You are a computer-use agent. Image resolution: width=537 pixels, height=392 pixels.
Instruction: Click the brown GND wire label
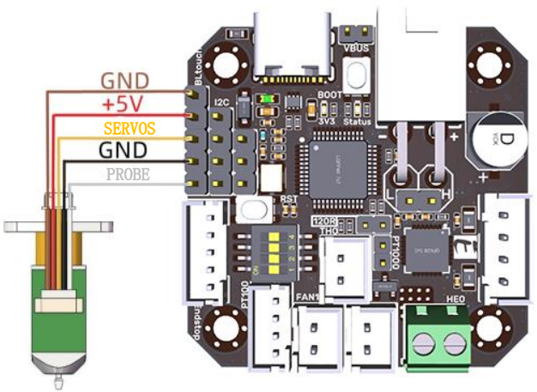pyautogui.click(x=125, y=81)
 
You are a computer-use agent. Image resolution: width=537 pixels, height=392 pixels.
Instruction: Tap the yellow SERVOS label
pyautogui.click(x=130, y=129)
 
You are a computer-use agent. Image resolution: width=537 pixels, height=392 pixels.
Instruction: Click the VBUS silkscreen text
pyautogui.click(x=356, y=49)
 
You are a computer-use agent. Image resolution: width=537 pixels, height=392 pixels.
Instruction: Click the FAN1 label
pyautogui.click(x=307, y=297)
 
